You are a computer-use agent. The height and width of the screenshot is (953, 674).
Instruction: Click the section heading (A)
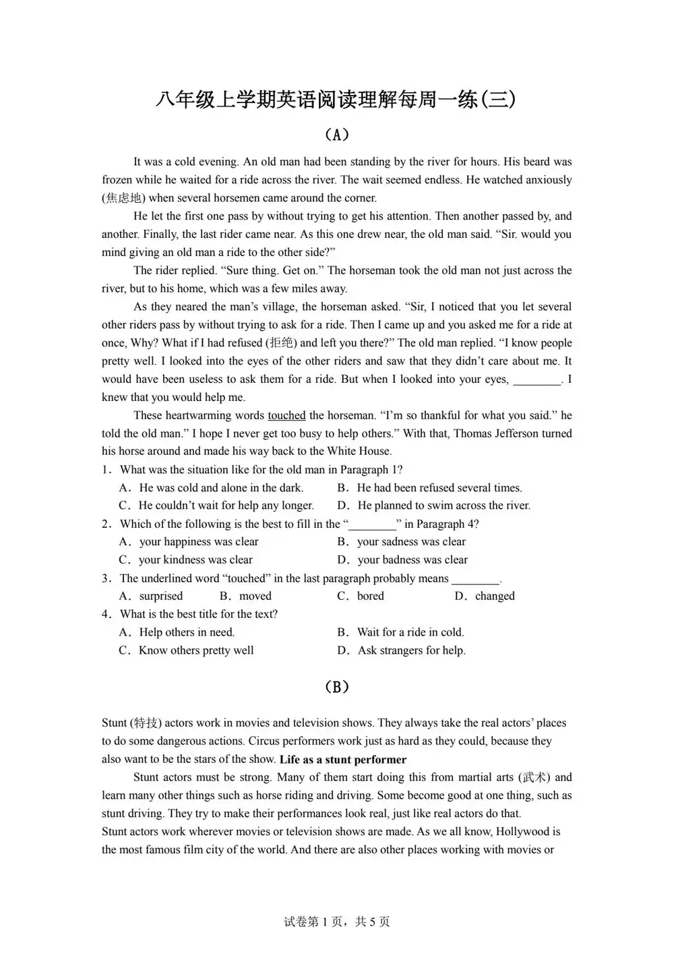tap(336, 135)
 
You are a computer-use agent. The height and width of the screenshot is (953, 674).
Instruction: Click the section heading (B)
tap(336, 687)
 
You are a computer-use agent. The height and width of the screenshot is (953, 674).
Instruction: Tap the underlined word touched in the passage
tap(286, 415)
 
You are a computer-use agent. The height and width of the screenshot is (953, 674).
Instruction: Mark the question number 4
tap(106, 614)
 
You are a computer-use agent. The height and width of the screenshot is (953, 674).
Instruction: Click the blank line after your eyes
tap(537, 379)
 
